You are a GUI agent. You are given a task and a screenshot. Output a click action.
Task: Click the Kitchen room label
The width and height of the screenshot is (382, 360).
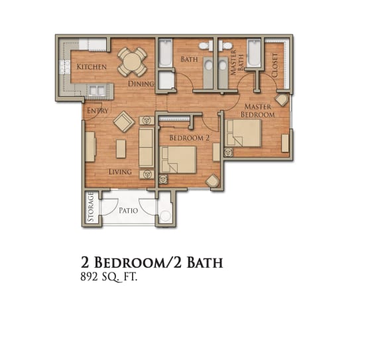click(x=92, y=66)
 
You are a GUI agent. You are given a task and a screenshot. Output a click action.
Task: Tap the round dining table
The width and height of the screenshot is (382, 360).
click(x=132, y=62)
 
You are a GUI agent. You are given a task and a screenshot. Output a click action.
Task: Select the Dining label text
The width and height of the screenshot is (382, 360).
click(x=141, y=84)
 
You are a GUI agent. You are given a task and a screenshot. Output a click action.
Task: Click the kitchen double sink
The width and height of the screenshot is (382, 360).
click(x=97, y=91)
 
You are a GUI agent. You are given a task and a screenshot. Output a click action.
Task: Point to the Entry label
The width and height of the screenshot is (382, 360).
click(x=97, y=111)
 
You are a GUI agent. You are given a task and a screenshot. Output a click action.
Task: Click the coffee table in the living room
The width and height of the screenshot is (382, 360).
click(x=121, y=149)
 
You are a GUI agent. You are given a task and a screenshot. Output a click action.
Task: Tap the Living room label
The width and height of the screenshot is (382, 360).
click(x=120, y=172)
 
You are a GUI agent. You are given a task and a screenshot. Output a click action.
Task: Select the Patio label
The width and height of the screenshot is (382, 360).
click(x=129, y=210)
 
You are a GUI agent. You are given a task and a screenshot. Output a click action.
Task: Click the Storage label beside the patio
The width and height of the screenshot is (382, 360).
click(x=91, y=207)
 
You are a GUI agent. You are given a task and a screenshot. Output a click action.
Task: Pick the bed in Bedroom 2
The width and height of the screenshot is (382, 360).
click(x=178, y=160)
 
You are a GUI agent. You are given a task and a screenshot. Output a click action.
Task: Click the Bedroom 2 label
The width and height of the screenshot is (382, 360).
click(x=189, y=138)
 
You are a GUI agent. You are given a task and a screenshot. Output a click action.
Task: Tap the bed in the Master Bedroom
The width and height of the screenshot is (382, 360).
click(x=243, y=133)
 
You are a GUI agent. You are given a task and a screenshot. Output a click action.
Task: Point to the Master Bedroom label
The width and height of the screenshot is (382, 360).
click(x=258, y=110)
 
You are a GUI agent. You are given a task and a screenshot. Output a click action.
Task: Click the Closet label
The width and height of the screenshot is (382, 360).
click(x=275, y=65)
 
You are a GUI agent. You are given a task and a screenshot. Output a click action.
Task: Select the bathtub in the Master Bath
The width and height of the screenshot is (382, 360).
click(x=254, y=53)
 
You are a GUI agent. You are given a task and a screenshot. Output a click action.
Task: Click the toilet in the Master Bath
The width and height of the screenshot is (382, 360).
click(x=225, y=46)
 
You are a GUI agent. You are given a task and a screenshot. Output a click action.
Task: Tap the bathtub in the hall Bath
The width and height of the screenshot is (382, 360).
click(x=166, y=53)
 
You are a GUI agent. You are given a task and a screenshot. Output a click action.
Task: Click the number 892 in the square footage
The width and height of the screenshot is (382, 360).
click(x=88, y=277)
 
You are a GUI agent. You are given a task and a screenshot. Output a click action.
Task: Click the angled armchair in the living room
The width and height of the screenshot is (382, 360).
click(x=124, y=121)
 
